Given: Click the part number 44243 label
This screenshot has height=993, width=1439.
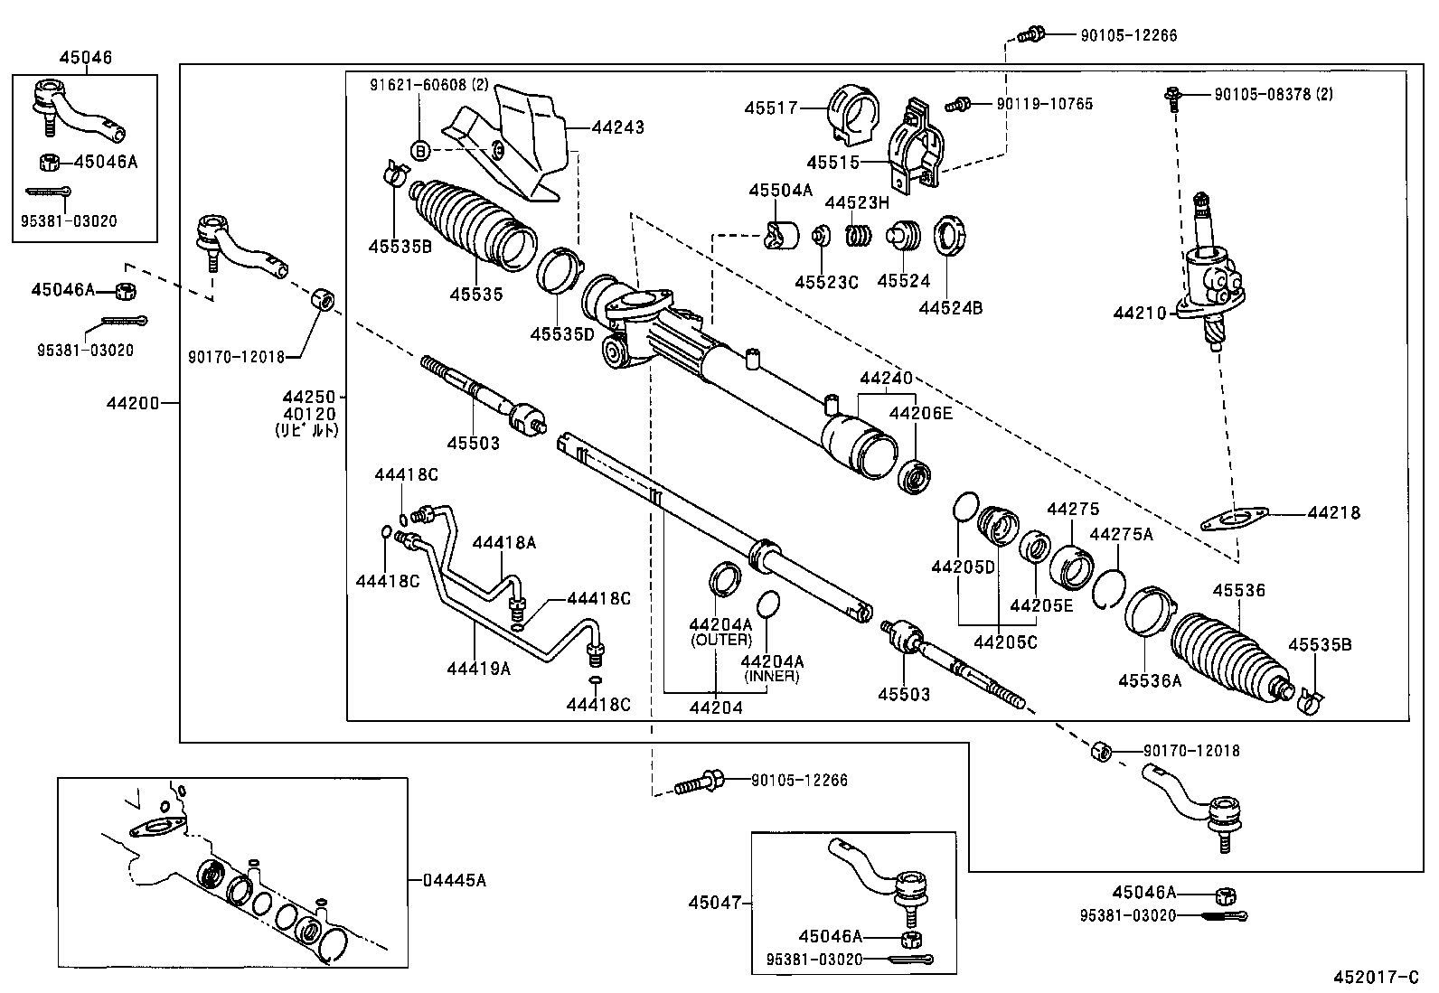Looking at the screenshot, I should pos(617,127).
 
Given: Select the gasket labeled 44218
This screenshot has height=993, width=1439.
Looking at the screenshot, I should pos(1230,519).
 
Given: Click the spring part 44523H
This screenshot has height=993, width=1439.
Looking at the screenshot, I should pos(859,236).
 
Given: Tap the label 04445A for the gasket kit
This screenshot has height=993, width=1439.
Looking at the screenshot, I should pos(454,879).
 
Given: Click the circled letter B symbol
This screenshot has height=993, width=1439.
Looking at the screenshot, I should pos(421,151).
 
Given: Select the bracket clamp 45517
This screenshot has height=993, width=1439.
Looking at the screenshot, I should pos(853,116).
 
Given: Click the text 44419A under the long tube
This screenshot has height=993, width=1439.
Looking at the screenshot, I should pos(478,669).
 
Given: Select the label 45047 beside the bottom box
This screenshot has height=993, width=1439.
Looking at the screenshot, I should pos(713,902).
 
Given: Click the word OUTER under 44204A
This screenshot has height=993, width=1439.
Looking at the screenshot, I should pos(720,640).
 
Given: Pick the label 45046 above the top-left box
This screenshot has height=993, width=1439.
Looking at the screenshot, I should pos(86,58).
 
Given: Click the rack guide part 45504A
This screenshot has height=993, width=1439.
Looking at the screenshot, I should pos(781,235).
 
